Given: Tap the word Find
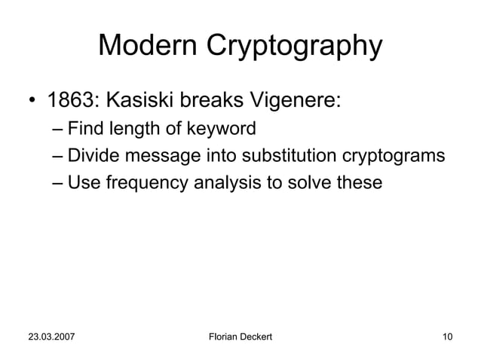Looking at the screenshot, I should [x=83, y=130].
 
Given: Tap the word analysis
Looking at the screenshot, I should [x=213, y=183].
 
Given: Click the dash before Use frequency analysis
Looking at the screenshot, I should [x=58, y=183].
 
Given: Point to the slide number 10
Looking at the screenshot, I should [x=448, y=334].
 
